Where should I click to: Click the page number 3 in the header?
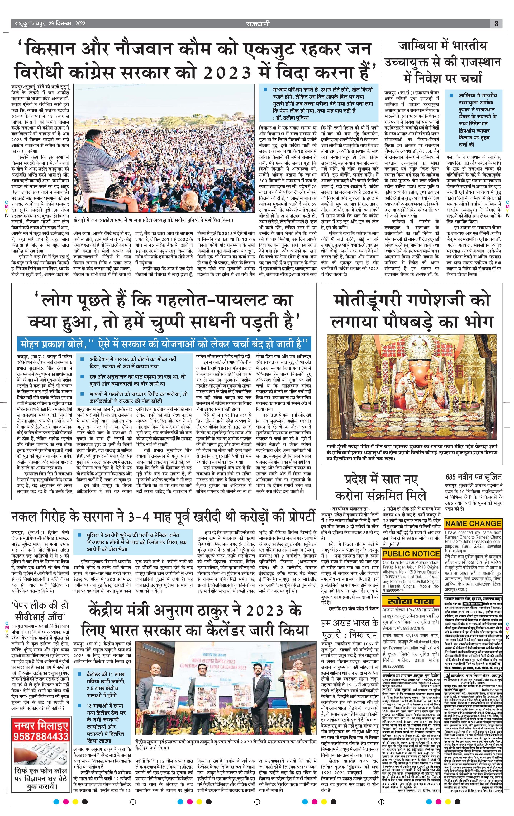[496, 24]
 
